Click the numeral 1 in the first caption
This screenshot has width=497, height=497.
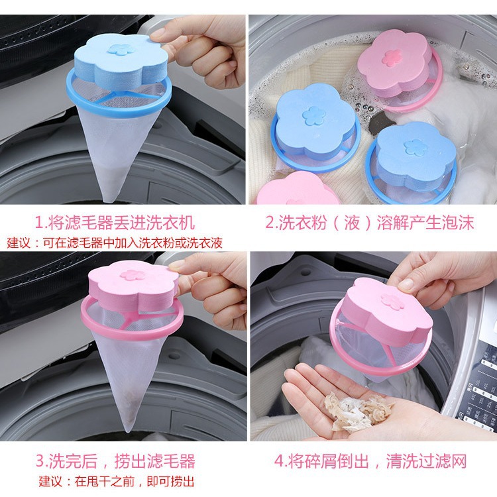click(x=39, y=221)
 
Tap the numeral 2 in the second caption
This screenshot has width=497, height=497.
click(x=271, y=221)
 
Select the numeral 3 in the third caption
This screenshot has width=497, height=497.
click(x=40, y=460)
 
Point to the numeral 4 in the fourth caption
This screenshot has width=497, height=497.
click(x=278, y=460)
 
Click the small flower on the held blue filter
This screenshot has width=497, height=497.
click(x=119, y=50)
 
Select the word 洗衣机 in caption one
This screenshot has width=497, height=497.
click(x=174, y=221)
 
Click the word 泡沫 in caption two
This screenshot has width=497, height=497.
click(x=459, y=221)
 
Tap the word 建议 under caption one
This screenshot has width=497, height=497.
click(x=19, y=243)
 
